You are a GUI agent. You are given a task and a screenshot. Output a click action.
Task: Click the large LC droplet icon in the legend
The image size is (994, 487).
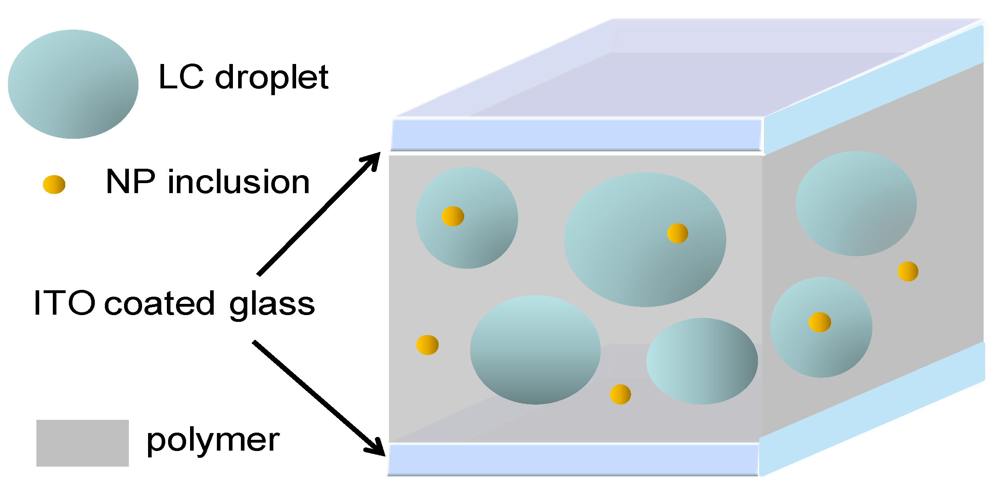(73, 84)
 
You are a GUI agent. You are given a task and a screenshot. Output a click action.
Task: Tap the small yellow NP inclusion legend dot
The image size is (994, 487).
(54, 184)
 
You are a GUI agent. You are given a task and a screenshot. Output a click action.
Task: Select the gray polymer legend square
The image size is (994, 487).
(82, 443)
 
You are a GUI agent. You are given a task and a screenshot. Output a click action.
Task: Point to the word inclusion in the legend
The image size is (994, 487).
(238, 183)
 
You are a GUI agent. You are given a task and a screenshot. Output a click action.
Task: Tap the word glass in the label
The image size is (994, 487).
(272, 306)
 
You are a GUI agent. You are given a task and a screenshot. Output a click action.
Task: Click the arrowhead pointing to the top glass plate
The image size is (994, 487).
(372, 160)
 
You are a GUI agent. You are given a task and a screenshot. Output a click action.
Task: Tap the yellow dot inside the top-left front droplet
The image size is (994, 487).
(453, 216)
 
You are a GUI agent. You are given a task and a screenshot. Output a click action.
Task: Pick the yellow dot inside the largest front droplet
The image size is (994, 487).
(677, 233)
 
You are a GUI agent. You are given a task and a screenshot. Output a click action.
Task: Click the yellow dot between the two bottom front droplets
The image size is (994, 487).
(620, 394)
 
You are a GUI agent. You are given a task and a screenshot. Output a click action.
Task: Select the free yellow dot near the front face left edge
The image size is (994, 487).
(427, 345)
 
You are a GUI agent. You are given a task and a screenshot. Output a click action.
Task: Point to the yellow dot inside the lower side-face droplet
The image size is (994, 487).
(820, 322)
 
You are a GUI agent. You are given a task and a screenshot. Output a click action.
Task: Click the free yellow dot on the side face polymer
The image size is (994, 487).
(908, 271)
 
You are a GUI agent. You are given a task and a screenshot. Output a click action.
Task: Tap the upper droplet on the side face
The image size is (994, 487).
(856, 204)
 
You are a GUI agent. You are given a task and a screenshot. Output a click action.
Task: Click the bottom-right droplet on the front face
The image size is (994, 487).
(702, 361)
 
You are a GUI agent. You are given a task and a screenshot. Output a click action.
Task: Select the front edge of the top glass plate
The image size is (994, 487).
(576, 135)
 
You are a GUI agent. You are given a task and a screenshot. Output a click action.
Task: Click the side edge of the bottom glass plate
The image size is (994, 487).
(872, 410)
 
